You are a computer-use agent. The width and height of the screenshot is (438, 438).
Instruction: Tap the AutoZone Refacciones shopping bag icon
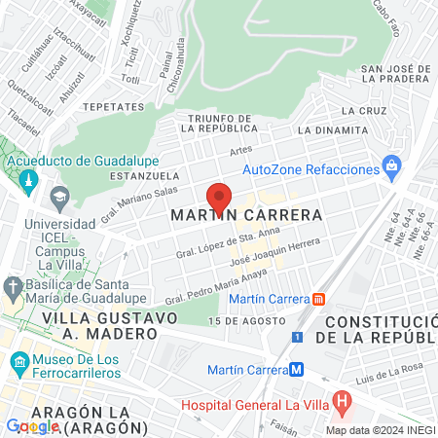pos(391,166)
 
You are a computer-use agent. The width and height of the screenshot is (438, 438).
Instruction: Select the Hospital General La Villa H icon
pos(341,399)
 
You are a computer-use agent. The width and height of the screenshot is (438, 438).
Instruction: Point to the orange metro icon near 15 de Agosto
pos(319,299)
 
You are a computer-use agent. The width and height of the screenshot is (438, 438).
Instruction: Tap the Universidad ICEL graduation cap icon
pos(58,197)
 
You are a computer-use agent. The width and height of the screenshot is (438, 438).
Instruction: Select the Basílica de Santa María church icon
pos(13,287)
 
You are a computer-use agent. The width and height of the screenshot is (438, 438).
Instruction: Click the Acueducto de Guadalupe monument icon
pos(27,181)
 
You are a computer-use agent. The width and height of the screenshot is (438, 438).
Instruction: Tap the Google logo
pos(32,425)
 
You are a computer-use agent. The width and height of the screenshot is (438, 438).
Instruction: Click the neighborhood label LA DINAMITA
pos(333,129)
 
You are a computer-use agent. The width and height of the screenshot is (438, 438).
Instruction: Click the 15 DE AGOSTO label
pos(237,320)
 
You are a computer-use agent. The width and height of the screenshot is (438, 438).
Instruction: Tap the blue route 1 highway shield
pos(298,337)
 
